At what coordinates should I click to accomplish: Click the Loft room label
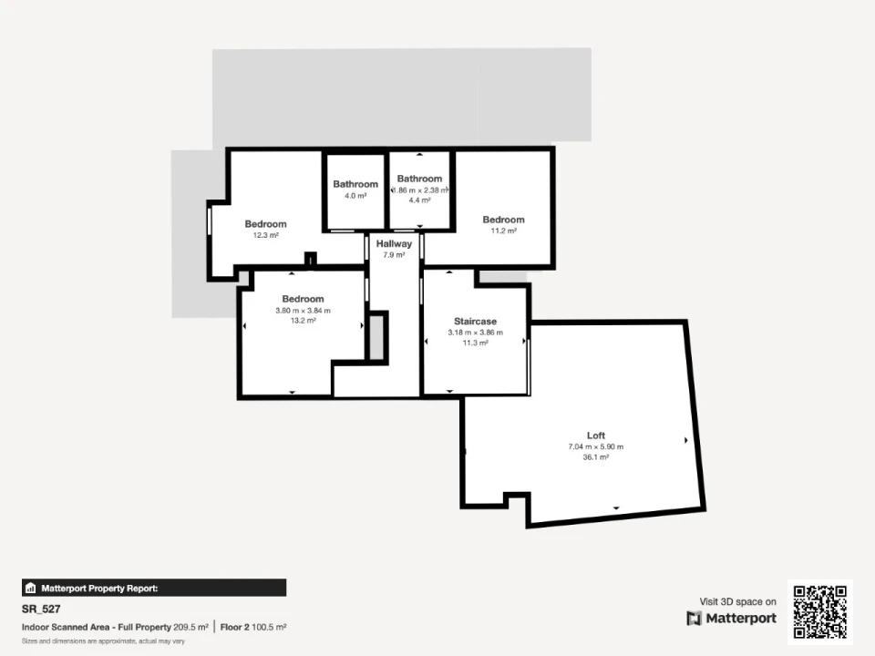point(596,436)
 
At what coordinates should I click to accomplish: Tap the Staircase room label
point(475,322)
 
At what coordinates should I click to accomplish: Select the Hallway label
point(394,244)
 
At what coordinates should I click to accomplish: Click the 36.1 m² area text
point(596,456)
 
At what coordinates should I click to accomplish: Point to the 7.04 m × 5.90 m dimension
point(596,446)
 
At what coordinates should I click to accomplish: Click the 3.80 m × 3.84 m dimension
point(303,311)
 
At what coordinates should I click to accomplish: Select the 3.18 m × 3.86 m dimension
point(475,333)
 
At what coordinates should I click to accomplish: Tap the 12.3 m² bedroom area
point(265,235)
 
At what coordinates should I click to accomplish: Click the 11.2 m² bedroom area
point(503,231)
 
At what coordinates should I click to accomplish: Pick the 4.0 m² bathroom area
point(355,196)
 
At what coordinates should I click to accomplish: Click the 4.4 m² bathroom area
point(419,200)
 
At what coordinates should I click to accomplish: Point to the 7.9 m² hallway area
point(394,255)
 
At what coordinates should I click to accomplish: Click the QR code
point(819,612)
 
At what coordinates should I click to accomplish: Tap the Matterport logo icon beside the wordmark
point(694,618)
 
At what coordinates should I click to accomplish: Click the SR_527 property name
point(41,610)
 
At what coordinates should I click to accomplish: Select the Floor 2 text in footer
point(235,627)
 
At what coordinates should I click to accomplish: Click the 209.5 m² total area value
point(190,627)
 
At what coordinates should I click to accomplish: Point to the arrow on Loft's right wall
point(685,440)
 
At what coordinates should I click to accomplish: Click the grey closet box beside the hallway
point(376,337)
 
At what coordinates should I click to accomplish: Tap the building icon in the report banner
point(31,588)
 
